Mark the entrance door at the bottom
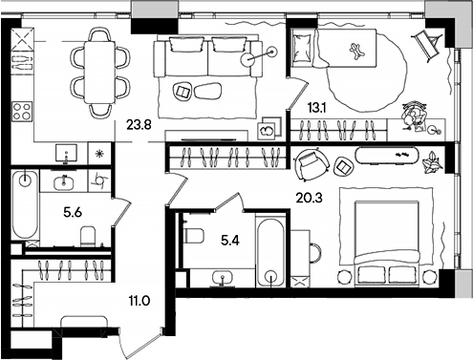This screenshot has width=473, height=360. click(x=141, y=340)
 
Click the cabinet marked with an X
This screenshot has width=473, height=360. click(x=23, y=40)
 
